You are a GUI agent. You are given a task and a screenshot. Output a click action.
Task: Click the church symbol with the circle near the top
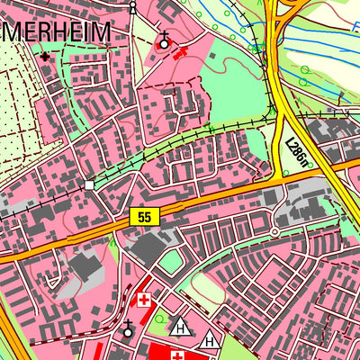tap(164, 40)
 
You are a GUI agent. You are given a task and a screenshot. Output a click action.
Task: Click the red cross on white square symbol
tap(143, 300)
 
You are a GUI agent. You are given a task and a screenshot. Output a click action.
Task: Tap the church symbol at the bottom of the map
tap(128, 329)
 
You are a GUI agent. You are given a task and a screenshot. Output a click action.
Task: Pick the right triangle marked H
tap(210, 339)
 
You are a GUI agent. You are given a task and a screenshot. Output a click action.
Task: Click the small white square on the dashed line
tap(89, 184)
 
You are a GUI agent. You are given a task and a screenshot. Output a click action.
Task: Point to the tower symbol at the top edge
tap(133, 6)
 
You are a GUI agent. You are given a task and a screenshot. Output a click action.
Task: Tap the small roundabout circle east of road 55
tap(274, 232)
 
